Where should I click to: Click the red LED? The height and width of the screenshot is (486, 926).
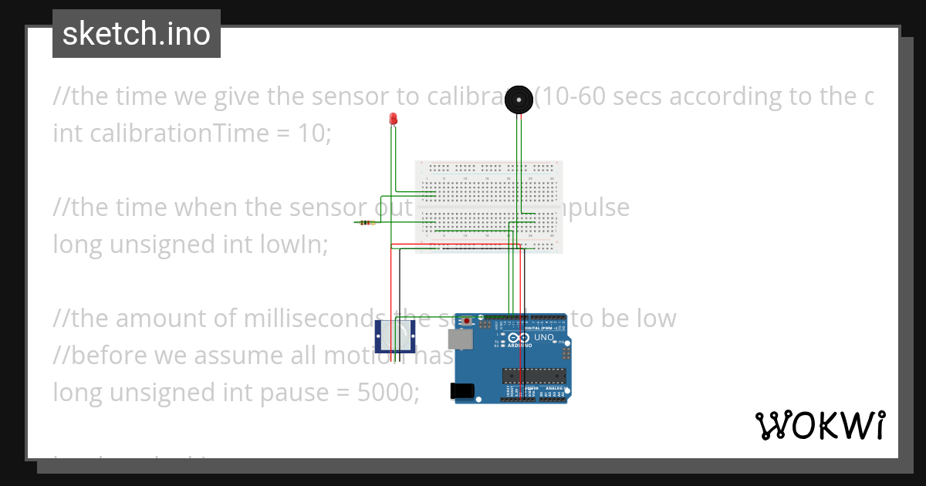coord(393,119)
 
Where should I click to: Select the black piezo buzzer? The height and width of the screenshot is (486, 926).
coord(519,99)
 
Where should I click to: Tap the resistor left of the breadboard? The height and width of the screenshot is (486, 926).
coord(367,224)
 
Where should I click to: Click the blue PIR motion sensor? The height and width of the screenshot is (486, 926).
coord(395,336)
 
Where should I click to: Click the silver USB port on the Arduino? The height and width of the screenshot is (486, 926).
coord(461,339)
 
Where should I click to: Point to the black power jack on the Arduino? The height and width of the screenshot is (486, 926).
coord(463,391)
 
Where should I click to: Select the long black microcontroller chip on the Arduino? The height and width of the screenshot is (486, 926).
coord(534,376)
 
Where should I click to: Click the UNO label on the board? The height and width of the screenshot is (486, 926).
coord(544,338)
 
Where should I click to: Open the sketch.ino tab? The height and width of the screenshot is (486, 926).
coord(137,34)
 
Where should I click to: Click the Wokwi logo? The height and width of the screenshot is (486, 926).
coord(820,425)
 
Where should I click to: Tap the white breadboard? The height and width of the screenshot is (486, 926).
coord(488,207)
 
